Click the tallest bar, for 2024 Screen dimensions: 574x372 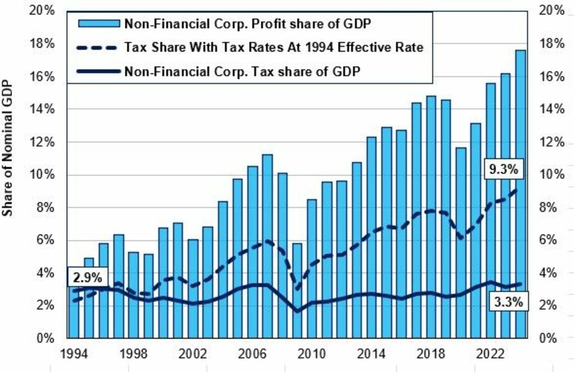coord(520,194)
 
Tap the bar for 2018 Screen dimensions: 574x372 coord(431,217)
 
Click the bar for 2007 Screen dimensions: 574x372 coord(267,246)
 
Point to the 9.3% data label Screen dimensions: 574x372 coord(504,169)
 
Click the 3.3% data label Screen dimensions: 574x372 coord(508,302)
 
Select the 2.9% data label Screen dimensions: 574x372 coord(88,277)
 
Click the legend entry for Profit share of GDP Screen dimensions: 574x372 coord(225,24)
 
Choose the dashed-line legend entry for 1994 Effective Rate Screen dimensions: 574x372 coord(250,47)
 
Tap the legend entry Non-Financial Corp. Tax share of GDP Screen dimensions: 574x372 coord(219,71)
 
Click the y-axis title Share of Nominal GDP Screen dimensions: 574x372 coord(8,148)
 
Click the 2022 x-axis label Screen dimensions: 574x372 coord(491,354)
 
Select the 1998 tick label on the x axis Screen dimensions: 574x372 coord(133,354)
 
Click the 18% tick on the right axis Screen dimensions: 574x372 coord(552,44)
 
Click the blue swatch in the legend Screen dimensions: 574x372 coord(99,24)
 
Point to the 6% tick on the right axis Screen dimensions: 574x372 coord(548,240)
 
